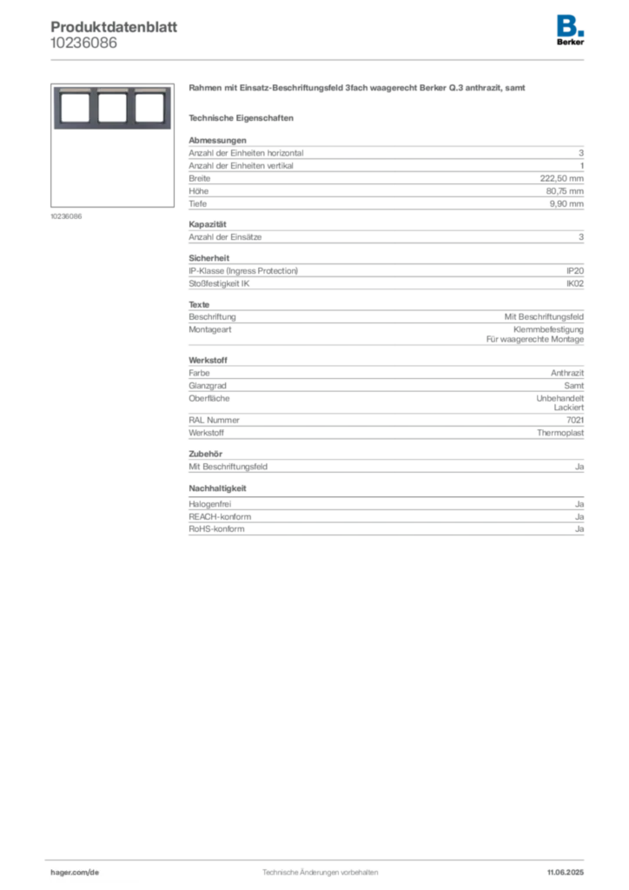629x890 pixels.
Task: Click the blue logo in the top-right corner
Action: (x=572, y=24)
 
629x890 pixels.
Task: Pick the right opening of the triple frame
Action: (x=149, y=108)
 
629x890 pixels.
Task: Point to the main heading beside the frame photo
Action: (x=357, y=90)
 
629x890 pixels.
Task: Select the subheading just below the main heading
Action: (x=243, y=117)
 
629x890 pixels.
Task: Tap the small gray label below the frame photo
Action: (x=66, y=216)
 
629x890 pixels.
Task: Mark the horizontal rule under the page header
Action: (x=319, y=59)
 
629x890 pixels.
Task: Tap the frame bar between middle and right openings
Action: (x=129, y=108)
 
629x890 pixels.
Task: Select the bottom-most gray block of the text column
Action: (x=385, y=521)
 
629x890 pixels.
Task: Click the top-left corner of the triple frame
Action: (x=54, y=88)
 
